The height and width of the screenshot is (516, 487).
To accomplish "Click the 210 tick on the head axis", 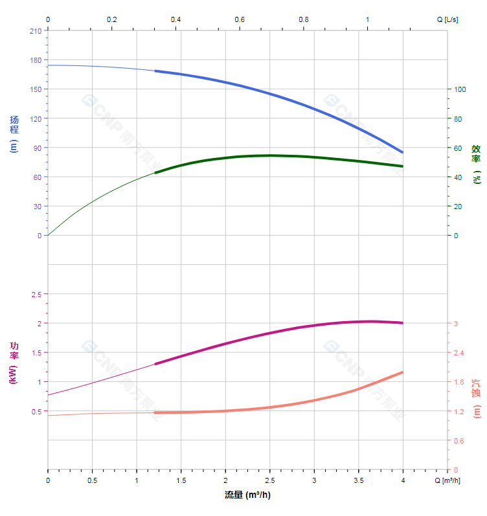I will [x=35, y=30].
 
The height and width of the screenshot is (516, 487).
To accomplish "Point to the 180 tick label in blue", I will [x=35, y=60].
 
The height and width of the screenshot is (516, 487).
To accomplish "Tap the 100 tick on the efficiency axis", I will [x=460, y=89].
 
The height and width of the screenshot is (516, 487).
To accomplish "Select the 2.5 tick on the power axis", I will [x=36, y=294].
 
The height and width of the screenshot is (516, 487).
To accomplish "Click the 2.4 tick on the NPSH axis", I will [x=459, y=353].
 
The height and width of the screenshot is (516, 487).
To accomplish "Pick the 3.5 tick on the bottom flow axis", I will [x=358, y=480].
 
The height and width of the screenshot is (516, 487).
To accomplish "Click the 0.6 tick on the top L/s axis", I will [x=240, y=19].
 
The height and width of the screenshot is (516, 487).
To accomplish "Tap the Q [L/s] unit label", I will [x=447, y=19].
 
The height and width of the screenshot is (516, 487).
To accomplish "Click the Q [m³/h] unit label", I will [x=448, y=480].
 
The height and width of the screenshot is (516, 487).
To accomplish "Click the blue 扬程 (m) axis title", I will [x=14, y=134].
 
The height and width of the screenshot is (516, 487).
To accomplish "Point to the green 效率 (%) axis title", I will [x=477, y=163].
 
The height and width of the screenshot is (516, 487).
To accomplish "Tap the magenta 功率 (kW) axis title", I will [x=14, y=363].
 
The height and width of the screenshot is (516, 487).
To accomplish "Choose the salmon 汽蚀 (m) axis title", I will [x=477, y=398].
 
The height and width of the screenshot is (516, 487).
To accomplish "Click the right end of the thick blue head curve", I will [x=403, y=153].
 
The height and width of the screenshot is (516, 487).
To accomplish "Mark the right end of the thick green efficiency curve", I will [x=403, y=166].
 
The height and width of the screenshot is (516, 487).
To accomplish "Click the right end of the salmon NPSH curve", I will [x=403, y=372].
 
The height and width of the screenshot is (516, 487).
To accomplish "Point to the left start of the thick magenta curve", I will [x=155, y=364].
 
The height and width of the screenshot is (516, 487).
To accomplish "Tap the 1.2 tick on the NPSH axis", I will [x=459, y=412].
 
